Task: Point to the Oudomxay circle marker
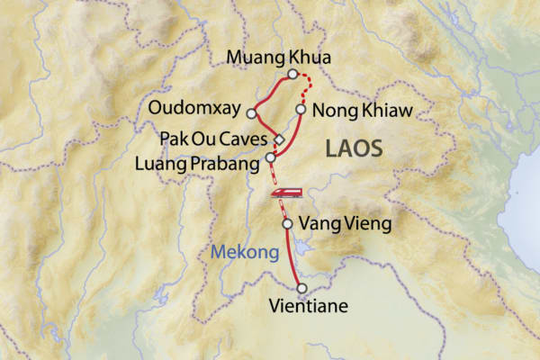(251, 113)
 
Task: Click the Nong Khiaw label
(361, 111)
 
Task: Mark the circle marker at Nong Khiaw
(301, 109)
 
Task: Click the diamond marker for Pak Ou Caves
(279, 139)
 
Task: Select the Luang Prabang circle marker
(270, 157)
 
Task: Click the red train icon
(287, 192)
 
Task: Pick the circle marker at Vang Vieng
(287, 223)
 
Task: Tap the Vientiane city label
(308, 307)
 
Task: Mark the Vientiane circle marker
(302, 288)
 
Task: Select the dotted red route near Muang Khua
(309, 85)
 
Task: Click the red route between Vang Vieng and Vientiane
(293, 256)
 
